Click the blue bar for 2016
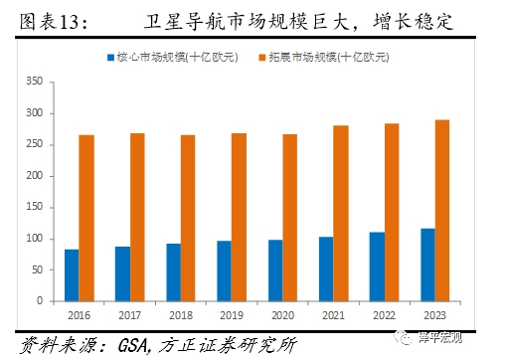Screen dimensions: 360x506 click(71, 274)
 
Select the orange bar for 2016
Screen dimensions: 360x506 click(86, 218)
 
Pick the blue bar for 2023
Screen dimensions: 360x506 click(427, 265)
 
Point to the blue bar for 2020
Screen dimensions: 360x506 click(275, 270)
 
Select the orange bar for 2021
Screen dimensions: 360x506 click(341, 213)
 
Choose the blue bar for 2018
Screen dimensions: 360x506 click(173, 271)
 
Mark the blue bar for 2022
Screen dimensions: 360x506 click(377, 267)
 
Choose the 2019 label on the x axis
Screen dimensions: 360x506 click(231, 316)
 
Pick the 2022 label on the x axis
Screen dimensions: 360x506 click(384, 316)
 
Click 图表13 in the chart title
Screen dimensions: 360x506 click(42, 20)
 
